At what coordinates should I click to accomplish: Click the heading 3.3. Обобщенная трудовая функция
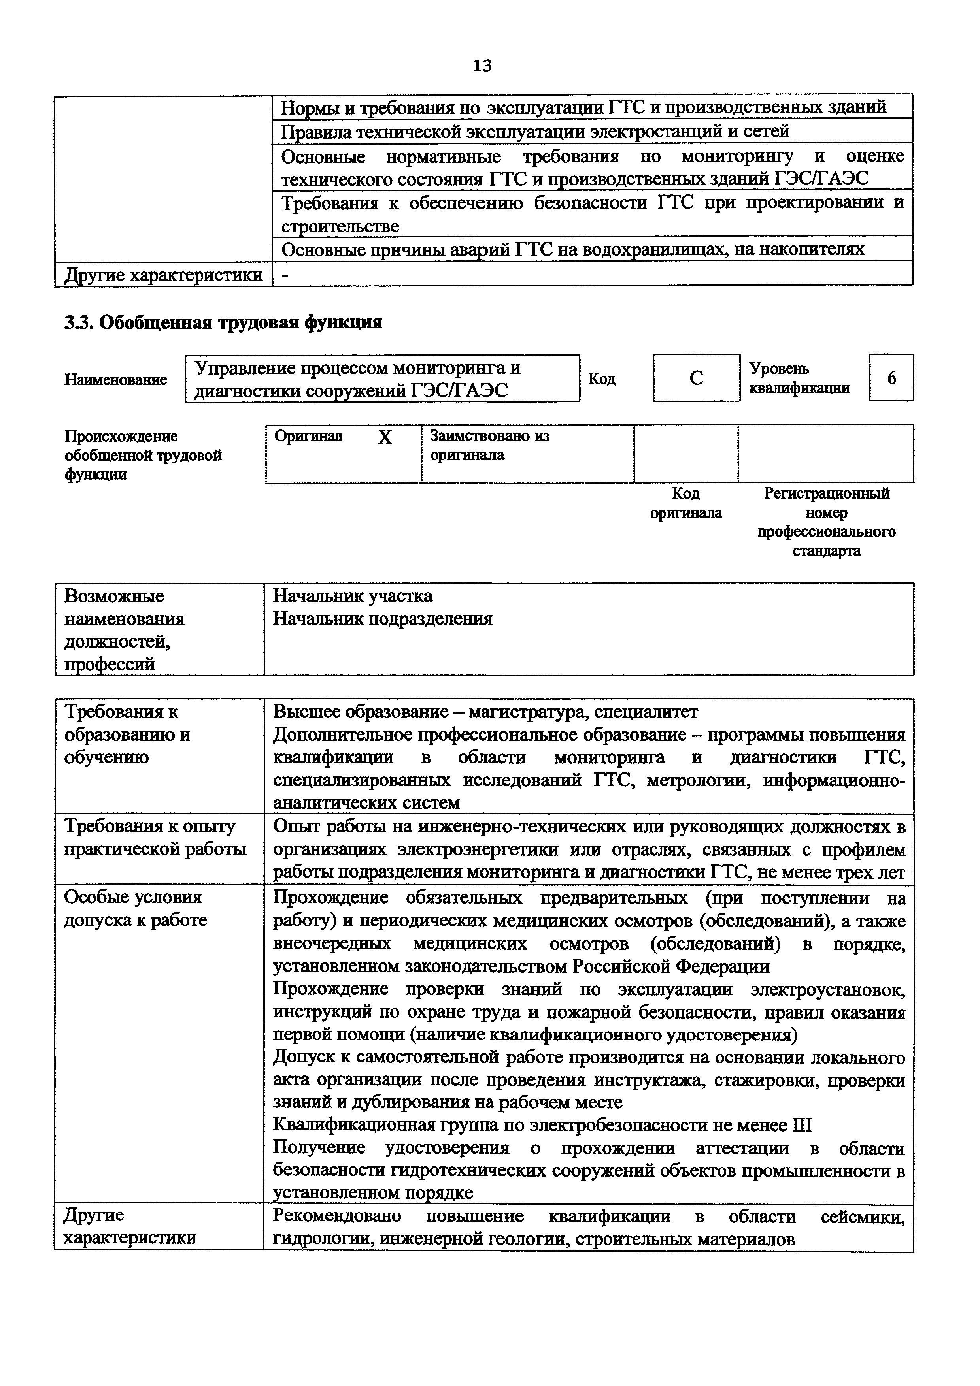[x=223, y=323]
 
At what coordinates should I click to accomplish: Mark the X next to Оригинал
[x=385, y=438]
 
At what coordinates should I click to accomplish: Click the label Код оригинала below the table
[x=685, y=503]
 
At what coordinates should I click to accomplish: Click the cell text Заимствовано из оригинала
[x=490, y=445]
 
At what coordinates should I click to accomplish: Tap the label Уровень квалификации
[x=799, y=379]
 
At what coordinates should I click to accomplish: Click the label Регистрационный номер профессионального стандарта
[x=826, y=522]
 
